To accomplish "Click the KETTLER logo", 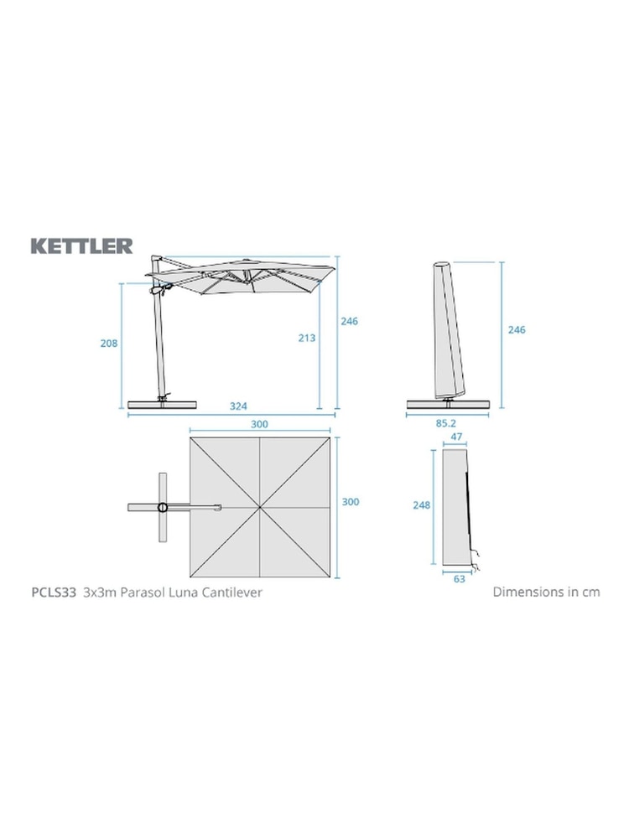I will click(81, 246).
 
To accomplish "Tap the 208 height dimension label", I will click(109, 344).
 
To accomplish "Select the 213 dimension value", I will click(306, 338).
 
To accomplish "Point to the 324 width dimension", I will click(239, 406).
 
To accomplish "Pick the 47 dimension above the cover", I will click(457, 437).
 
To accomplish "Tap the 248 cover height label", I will click(421, 505).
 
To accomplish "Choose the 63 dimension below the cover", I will click(460, 578).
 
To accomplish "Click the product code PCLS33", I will click(51, 592).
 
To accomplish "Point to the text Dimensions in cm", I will click(546, 592).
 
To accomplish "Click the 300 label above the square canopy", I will click(259, 425).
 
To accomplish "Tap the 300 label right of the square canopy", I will click(351, 502).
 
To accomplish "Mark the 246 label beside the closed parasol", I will click(517, 330).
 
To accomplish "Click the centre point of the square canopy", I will click(260, 507).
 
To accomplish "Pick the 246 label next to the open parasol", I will click(349, 321).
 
